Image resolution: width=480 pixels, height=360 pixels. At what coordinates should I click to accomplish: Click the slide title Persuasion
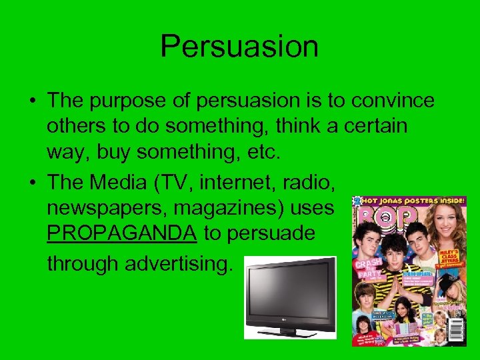[x=239, y=47]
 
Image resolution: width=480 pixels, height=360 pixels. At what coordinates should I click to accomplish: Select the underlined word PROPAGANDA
[x=122, y=233]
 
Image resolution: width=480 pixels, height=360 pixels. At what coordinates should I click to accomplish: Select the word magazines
[x=224, y=208]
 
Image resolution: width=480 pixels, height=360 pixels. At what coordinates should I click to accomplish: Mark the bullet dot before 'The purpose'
[x=32, y=102]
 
